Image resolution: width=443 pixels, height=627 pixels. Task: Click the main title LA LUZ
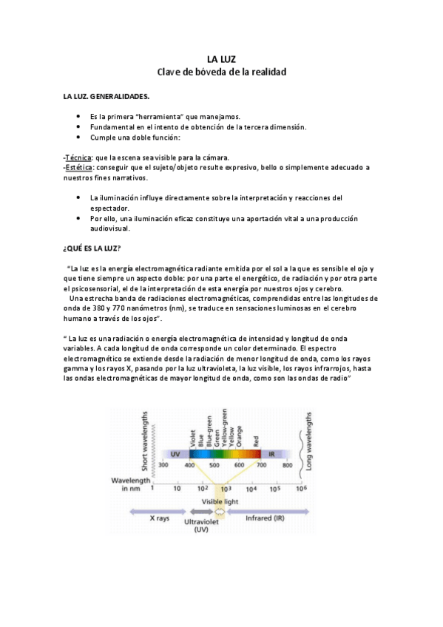coord(221,59)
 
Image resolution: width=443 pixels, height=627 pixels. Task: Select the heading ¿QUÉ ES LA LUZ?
coord(92,247)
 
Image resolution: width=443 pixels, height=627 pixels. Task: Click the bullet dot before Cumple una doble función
coord(78,137)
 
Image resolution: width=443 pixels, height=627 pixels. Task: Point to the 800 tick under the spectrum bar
coord(288,465)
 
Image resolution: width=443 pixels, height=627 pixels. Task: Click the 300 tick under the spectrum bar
coord(163,465)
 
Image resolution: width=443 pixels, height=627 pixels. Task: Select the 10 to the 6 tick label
coord(300,489)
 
